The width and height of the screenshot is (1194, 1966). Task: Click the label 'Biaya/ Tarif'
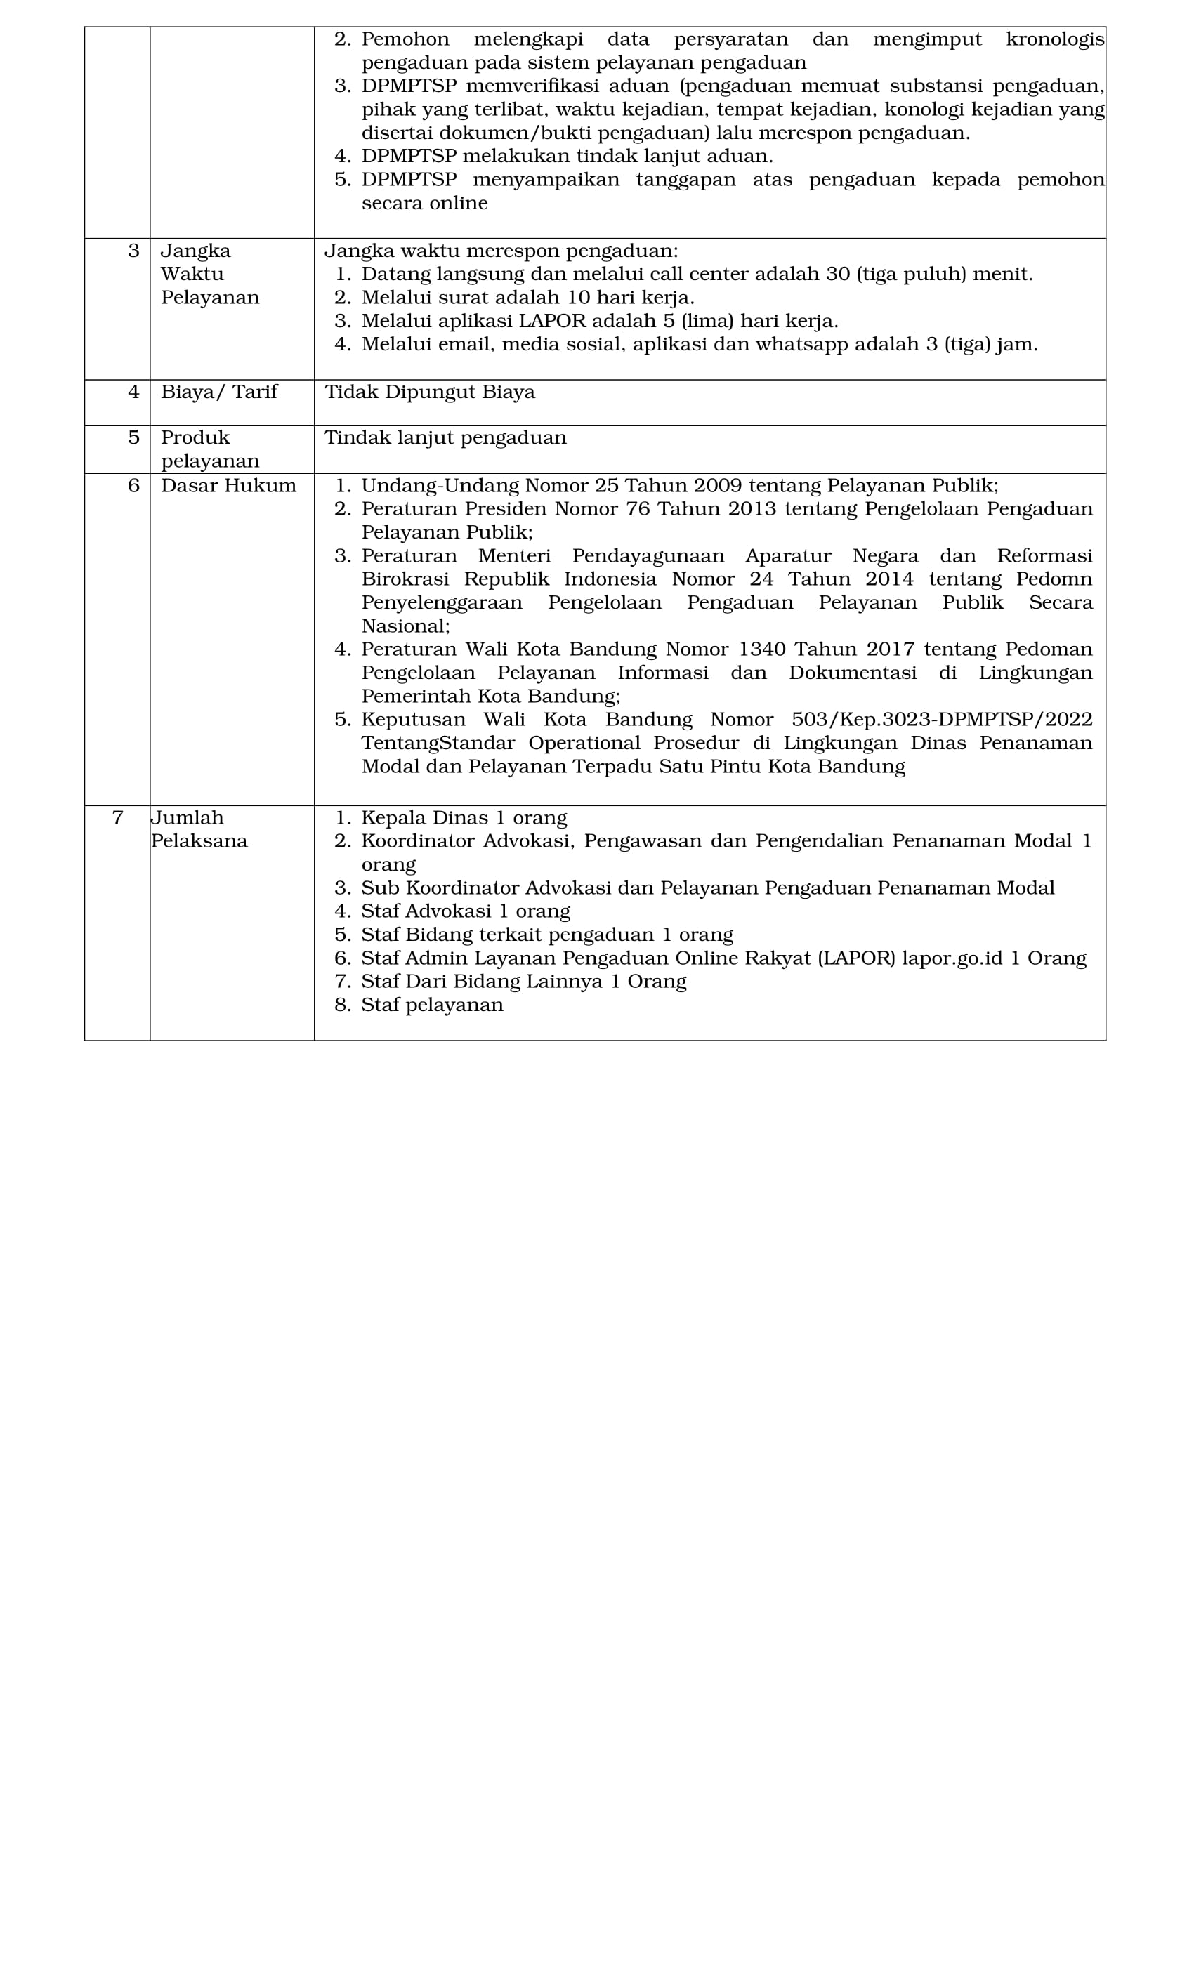tap(218, 392)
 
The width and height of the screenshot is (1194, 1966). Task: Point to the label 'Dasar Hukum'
tap(228, 486)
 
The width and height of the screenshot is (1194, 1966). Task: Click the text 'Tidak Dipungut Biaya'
tap(429, 392)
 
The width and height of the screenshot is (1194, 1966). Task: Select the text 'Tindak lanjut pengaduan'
tap(445, 438)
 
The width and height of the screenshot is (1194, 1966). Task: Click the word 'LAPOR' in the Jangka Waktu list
tap(552, 322)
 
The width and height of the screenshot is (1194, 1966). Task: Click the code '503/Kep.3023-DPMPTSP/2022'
tap(942, 720)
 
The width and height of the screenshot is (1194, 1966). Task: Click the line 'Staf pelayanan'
tap(432, 1005)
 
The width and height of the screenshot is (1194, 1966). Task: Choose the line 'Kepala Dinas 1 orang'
tap(464, 818)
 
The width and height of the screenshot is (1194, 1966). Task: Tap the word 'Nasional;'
tap(405, 626)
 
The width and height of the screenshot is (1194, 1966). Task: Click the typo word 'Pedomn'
tap(1054, 579)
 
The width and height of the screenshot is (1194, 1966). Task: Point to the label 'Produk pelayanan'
tap(210, 449)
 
